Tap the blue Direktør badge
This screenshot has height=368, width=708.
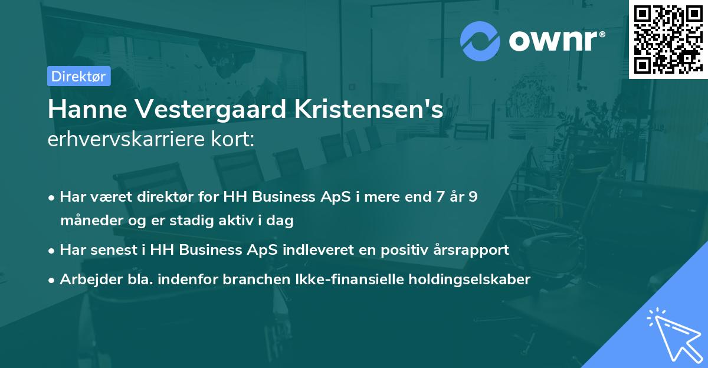(78, 76)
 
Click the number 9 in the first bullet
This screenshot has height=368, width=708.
(473, 197)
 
